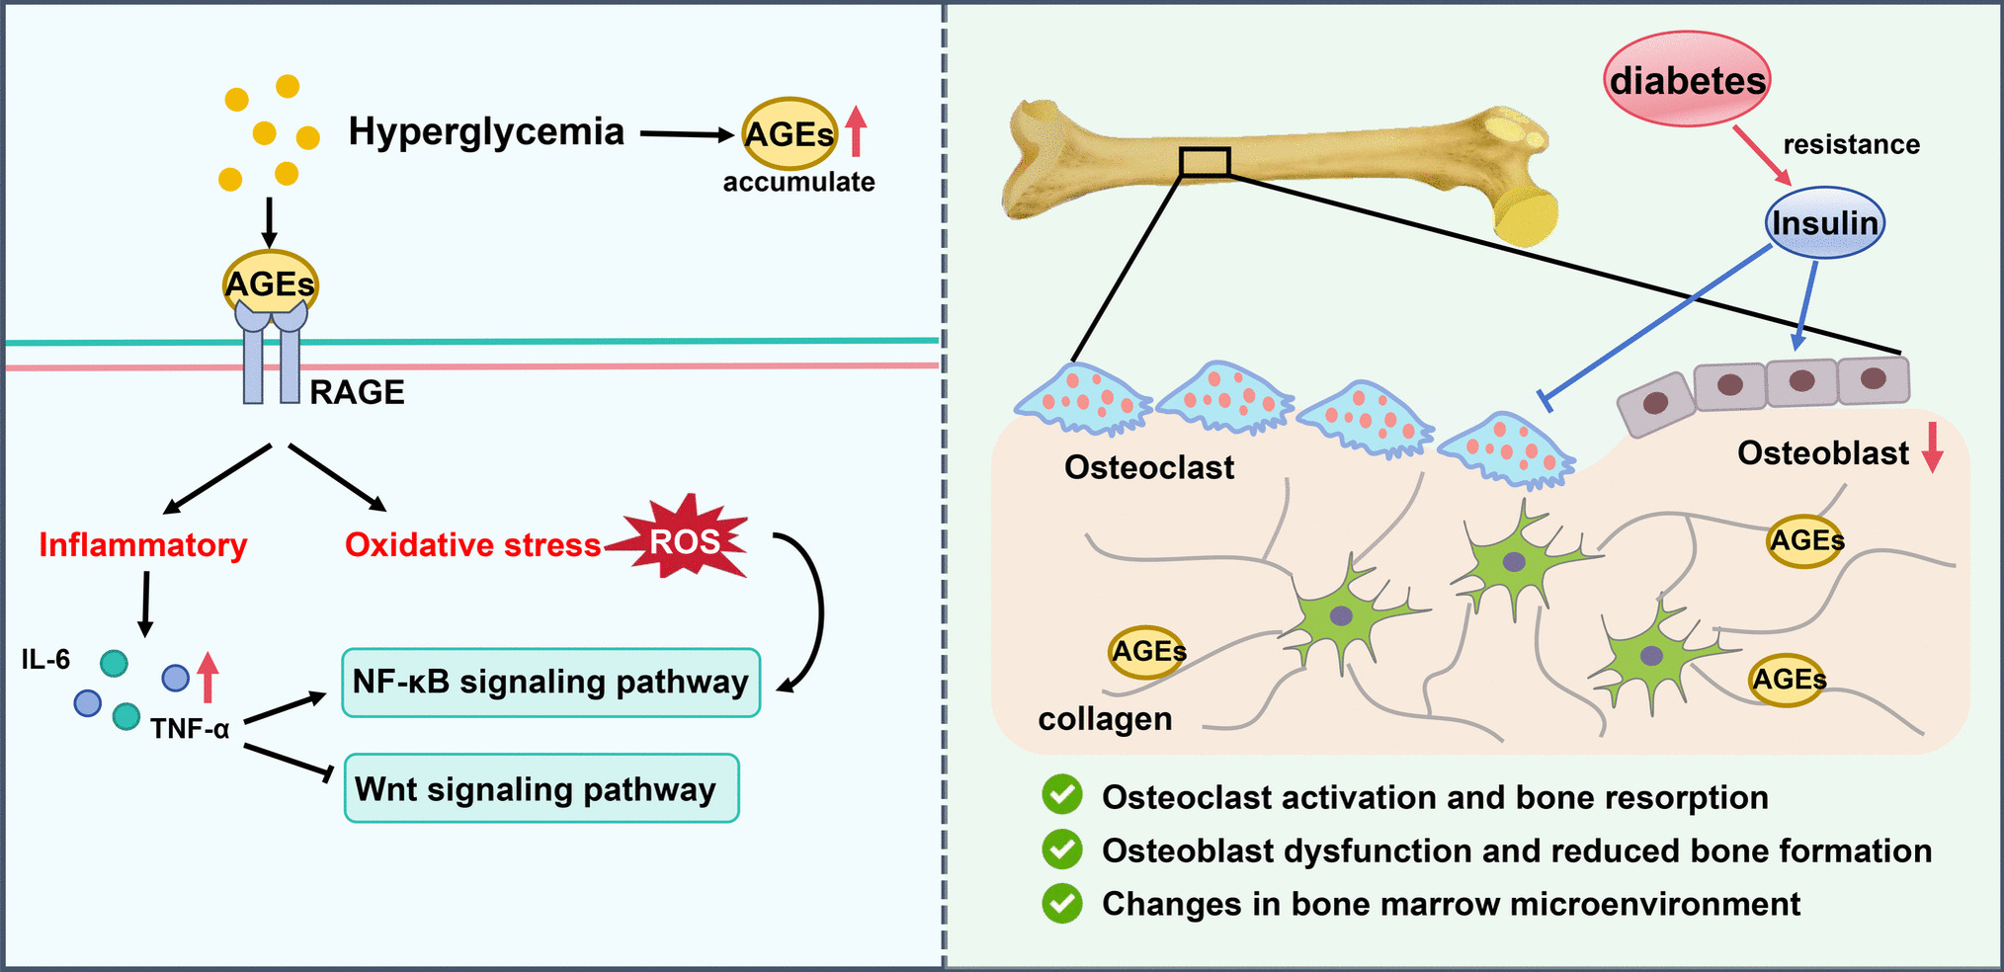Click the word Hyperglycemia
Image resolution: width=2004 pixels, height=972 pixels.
click(486, 131)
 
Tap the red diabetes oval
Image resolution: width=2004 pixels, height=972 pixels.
click(1687, 79)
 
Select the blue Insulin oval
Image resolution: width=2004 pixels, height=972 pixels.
click(1824, 223)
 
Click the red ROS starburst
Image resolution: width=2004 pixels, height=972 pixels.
click(684, 539)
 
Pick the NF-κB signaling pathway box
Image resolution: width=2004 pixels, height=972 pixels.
click(550, 683)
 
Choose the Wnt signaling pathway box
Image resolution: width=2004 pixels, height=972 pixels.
click(541, 788)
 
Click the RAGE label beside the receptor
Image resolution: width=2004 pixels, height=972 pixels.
click(357, 392)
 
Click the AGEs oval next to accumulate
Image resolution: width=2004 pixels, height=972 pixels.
click(789, 133)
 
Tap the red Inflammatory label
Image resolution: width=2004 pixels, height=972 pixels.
click(143, 544)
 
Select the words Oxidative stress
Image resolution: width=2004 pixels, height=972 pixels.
click(472, 544)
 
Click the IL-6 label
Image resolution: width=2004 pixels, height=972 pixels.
click(45, 659)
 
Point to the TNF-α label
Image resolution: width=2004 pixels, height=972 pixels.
click(190, 729)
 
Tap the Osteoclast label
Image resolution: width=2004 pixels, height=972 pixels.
click(1148, 467)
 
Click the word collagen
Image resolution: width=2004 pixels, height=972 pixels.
click(1105, 718)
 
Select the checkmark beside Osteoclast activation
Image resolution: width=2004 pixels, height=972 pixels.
click(1062, 795)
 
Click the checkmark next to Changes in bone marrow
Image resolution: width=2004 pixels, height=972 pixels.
click(1062, 903)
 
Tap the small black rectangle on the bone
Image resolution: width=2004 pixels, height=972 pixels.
click(1205, 162)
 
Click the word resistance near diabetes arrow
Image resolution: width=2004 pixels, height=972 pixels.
click(1851, 144)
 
